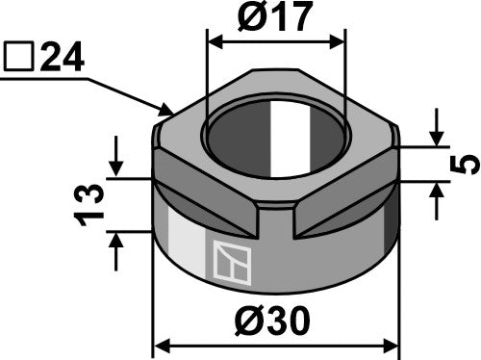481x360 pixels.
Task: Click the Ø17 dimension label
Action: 275,18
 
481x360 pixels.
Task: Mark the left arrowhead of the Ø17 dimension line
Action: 215,41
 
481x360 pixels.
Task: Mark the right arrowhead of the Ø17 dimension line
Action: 338,41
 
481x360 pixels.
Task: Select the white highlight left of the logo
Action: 184,252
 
